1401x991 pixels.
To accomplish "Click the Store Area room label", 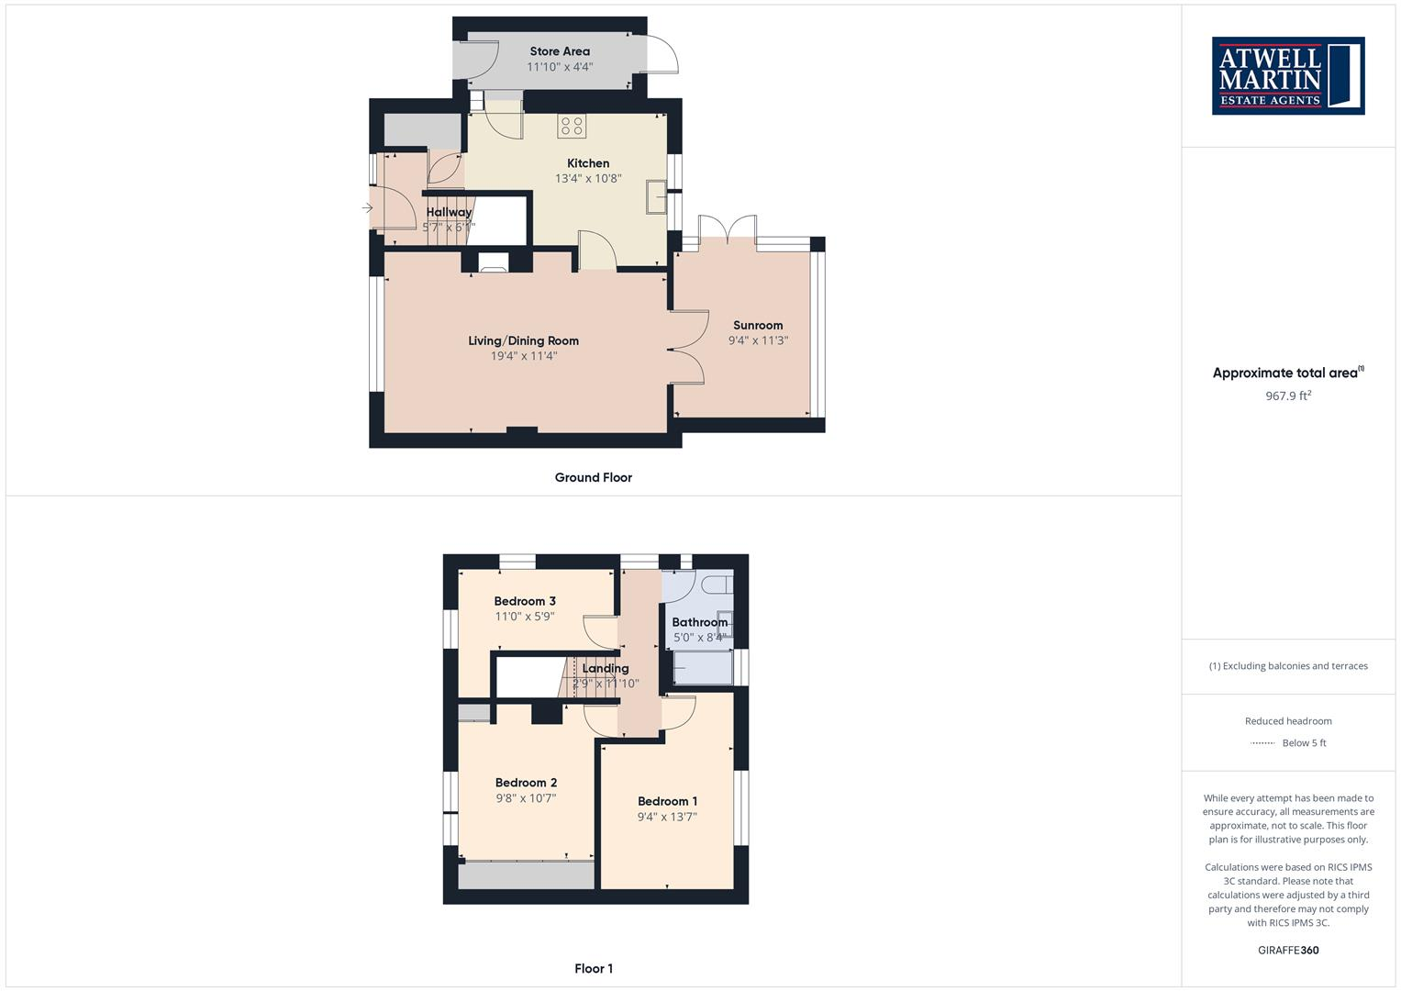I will [x=560, y=51].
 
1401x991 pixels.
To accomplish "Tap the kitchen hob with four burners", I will [x=572, y=127].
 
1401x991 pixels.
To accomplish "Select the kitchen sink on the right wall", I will [x=656, y=196].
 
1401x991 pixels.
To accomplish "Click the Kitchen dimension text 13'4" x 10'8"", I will [x=588, y=179].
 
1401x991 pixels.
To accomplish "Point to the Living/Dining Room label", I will [x=523, y=340].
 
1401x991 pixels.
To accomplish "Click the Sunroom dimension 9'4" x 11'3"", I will [x=758, y=340].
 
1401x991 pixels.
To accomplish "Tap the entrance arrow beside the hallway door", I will [x=367, y=208].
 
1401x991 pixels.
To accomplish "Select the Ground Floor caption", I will [x=593, y=477].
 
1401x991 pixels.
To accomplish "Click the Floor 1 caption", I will [x=593, y=968].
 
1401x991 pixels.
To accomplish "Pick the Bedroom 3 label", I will [x=525, y=601].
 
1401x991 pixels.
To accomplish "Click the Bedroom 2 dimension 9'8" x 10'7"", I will [x=526, y=798].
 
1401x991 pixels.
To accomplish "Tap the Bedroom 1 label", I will [x=667, y=801].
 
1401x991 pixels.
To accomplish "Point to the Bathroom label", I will [x=699, y=622].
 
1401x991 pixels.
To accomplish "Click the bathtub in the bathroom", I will [x=703, y=667].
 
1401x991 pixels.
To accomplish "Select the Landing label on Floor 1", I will [x=605, y=668].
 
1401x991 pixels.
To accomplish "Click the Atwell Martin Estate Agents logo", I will [x=1288, y=76].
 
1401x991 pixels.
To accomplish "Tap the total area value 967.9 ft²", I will [x=1288, y=396].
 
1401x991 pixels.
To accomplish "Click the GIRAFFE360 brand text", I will [x=1288, y=950].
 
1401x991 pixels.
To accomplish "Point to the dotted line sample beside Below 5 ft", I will [x=1262, y=743].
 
